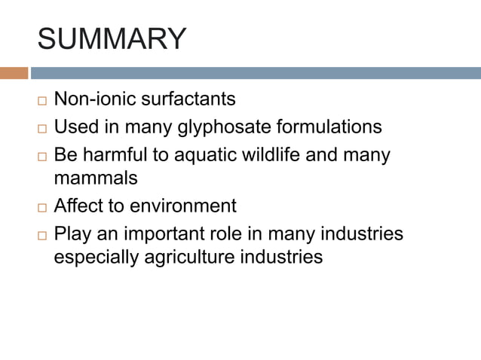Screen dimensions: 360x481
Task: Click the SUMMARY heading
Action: pos(111,39)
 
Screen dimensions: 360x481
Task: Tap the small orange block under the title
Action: pos(14,73)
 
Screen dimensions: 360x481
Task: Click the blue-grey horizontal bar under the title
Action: pos(255,73)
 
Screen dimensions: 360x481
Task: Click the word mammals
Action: pos(96,178)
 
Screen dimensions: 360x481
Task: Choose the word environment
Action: pos(183,206)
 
